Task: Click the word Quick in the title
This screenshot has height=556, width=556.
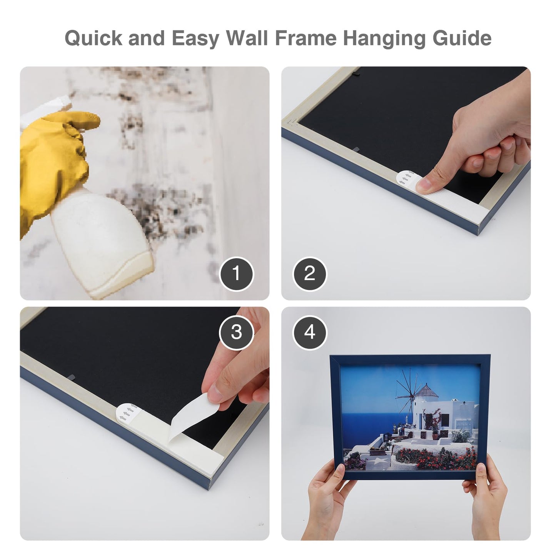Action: pyautogui.click(x=94, y=38)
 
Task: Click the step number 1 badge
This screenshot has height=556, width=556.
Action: pyautogui.click(x=236, y=274)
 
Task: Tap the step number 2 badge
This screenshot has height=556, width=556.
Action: pyautogui.click(x=310, y=274)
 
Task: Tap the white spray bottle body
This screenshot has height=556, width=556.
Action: pyautogui.click(x=96, y=239)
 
